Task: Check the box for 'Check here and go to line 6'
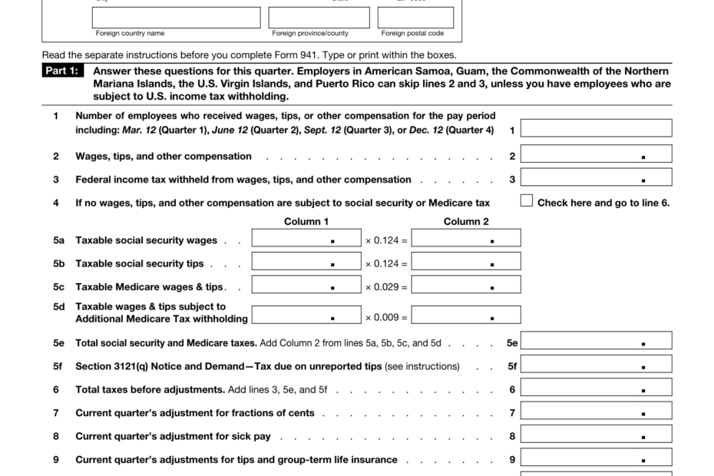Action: point(526,201)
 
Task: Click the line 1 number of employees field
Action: point(596,128)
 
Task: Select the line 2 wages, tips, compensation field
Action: point(596,154)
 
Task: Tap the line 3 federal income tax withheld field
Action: point(596,178)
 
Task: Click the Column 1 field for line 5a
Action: point(306,239)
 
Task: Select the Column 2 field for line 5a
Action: point(466,239)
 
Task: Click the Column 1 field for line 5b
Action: point(306,262)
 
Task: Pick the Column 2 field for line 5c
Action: point(466,286)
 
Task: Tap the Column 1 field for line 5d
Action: point(306,315)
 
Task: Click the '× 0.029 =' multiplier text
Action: point(386,287)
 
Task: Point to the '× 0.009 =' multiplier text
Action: point(386,316)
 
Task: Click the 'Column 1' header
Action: point(306,222)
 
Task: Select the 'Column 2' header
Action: point(466,222)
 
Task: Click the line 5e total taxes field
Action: point(596,341)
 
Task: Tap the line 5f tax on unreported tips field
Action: point(596,365)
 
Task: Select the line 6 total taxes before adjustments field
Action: point(596,388)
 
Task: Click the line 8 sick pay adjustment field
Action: point(596,435)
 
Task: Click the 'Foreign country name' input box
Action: point(176,18)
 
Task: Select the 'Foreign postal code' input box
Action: point(415,18)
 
